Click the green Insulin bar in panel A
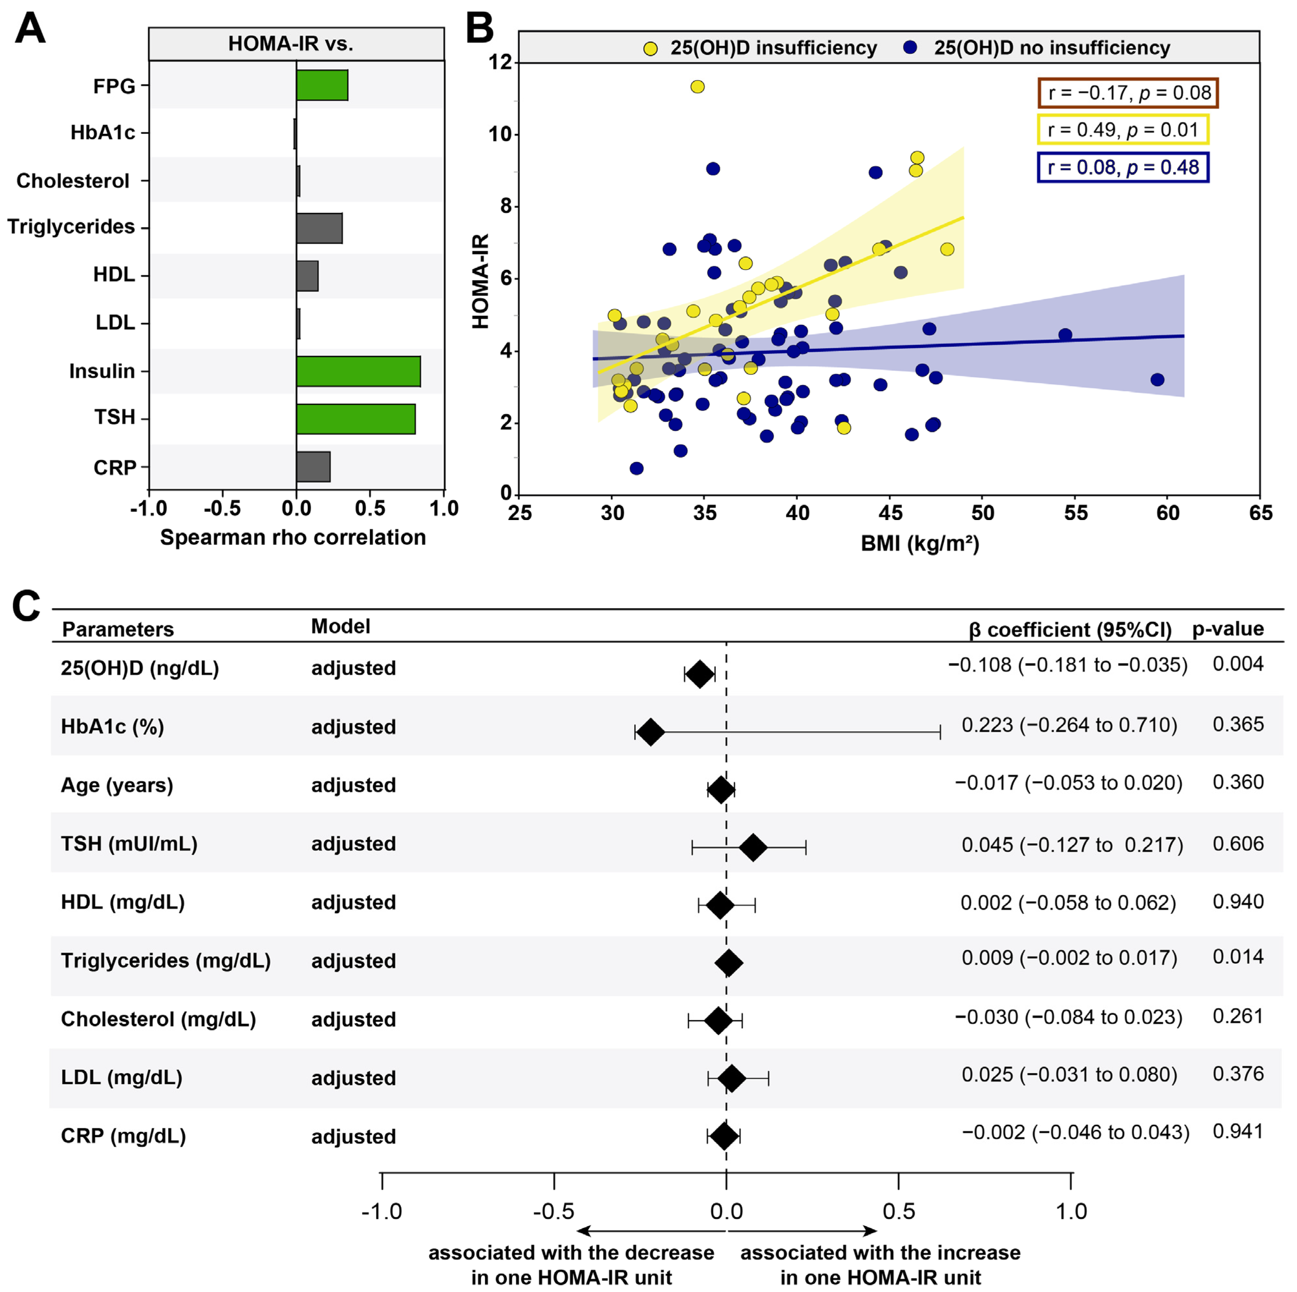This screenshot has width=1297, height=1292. [x=359, y=371]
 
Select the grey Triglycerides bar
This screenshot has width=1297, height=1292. [x=319, y=228]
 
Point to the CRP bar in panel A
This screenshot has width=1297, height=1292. [x=314, y=467]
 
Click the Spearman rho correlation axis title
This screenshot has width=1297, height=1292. [x=293, y=537]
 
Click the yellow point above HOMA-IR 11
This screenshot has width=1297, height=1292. [x=698, y=87]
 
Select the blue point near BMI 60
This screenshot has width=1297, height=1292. [x=1157, y=380]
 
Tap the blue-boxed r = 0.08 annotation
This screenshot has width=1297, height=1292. [x=1123, y=167]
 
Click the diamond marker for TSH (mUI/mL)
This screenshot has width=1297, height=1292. [x=753, y=847]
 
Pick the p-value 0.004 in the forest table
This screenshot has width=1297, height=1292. [x=1238, y=664]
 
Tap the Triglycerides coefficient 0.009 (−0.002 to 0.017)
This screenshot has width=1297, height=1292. [x=1069, y=958]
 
